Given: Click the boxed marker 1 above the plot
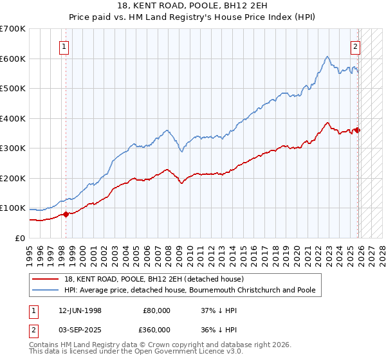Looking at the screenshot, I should (65, 46).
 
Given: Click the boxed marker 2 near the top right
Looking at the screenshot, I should (354, 46).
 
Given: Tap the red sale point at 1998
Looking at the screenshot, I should (66, 214).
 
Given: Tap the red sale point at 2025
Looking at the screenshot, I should (358, 130).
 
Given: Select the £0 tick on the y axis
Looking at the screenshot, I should (21, 238).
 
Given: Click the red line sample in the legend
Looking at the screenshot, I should (46, 280).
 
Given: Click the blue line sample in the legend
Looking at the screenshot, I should (46, 291).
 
